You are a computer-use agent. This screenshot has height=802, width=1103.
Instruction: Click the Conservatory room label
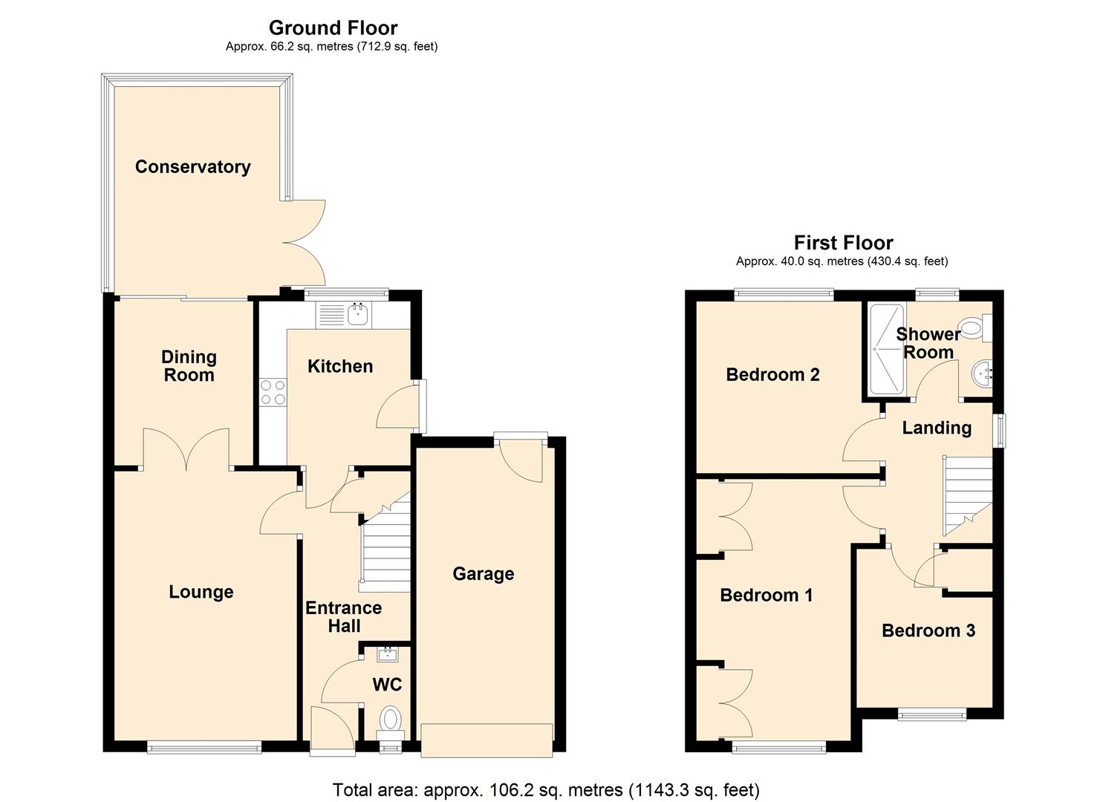(x=192, y=167)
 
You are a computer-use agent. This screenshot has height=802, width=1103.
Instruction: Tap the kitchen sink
(x=359, y=314)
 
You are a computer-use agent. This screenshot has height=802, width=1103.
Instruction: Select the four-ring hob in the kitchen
(x=273, y=392)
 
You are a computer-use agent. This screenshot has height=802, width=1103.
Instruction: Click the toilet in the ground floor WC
(x=389, y=720)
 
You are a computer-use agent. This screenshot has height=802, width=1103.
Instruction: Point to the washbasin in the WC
(x=388, y=654)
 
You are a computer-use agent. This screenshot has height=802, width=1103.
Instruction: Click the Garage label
(x=483, y=574)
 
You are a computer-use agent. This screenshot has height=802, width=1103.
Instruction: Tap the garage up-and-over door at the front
(x=487, y=740)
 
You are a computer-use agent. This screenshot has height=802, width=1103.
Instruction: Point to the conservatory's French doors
(x=305, y=243)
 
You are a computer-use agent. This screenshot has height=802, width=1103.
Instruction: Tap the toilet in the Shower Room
(x=973, y=327)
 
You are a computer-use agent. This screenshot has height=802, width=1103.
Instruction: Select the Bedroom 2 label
(x=772, y=375)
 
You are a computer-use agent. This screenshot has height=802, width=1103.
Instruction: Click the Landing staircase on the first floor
(x=967, y=494)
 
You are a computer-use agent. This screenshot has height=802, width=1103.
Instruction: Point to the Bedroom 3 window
(x=932, y=715)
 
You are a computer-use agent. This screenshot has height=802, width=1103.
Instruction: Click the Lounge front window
(x=204, y=747)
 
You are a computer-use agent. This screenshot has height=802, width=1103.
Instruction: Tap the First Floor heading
(x=843, y=243)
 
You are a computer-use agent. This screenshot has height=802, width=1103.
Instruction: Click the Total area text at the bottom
(x=546, y=790)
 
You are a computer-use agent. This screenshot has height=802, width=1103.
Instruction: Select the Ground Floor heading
(x=333, y=28)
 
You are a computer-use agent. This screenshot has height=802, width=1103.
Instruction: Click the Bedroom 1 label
(x=766, y=596)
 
